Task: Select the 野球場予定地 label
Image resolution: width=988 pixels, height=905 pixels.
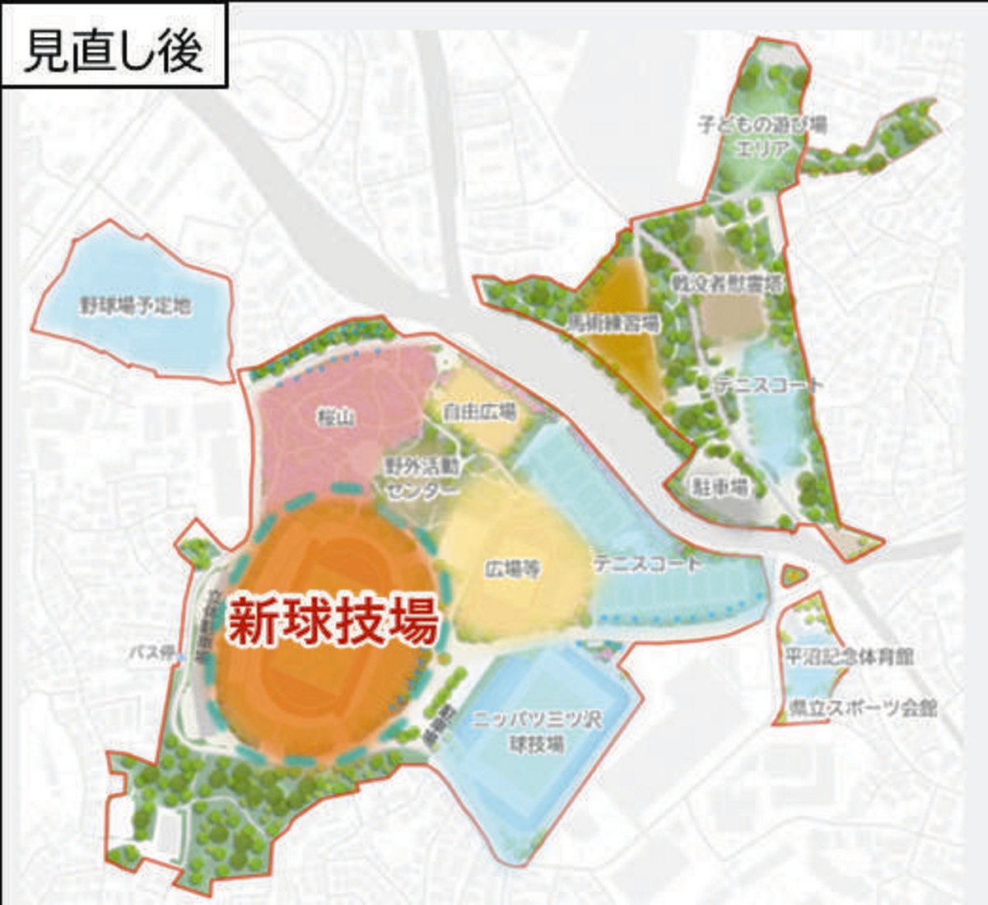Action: pos(136,306)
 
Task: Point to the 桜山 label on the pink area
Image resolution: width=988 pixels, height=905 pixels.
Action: pos(336,418)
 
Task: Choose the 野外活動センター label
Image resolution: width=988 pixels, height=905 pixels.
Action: pos(422,477)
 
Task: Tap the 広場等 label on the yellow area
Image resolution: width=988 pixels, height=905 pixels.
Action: pos(512,569)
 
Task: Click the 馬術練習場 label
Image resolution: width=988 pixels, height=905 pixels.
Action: pos(613,323)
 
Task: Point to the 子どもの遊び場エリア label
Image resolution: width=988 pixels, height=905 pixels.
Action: pos(762,137)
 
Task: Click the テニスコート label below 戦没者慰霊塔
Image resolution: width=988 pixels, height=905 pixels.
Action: pos(768,384)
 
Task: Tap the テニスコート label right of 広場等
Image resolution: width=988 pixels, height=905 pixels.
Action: pos(649,564)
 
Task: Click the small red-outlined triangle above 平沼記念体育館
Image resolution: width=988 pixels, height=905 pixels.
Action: pos(793,574)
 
